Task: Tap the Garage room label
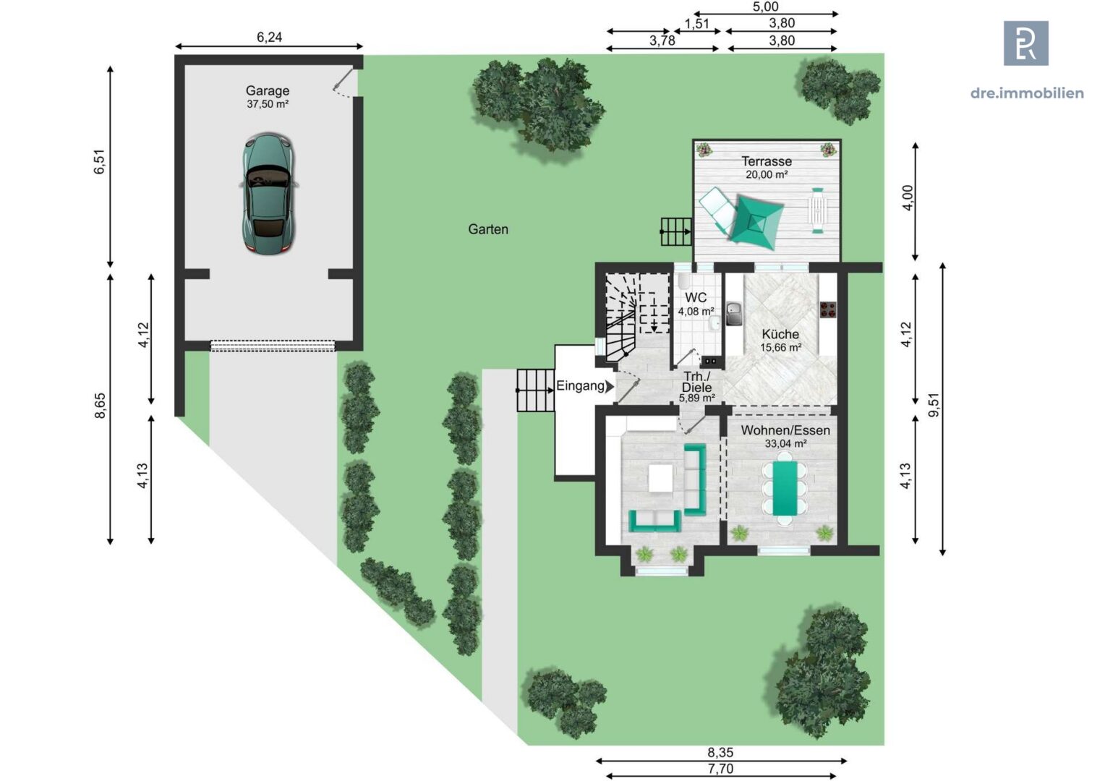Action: (268, 91)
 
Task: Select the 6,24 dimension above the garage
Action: (269, 37)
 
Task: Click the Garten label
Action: (488, 229)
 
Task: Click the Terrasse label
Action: (767, 161)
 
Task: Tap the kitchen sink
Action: (734, 313)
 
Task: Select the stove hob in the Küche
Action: (828, 310)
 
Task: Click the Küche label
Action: (780, 334)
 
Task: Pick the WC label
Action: (696, 297)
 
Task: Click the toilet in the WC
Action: (684, 282)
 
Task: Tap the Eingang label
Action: (580, 386)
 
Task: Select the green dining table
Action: (785, 488)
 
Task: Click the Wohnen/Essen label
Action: (785, 430)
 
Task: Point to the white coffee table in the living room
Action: (661, 478)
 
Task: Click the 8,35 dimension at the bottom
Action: (721, 752)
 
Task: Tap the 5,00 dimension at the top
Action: (766, 7)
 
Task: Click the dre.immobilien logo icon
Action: (1026, 43)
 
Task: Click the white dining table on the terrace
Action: (817, 210)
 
